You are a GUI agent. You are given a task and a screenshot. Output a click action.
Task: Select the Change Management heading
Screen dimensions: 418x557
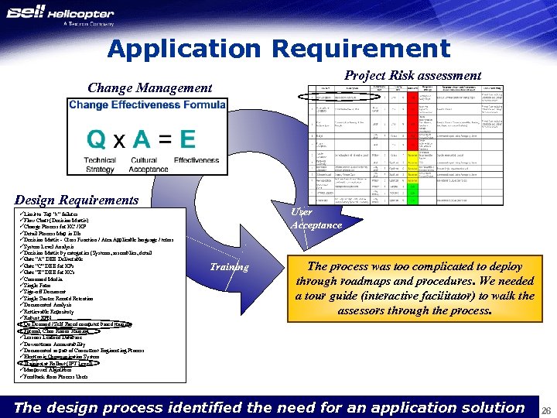point(149,88)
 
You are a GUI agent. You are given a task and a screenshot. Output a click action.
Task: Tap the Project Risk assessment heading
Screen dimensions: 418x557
point(412,75)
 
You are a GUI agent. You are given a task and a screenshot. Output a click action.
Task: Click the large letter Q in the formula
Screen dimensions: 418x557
point(97,139)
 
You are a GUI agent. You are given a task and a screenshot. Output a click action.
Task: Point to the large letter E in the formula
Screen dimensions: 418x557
point(186,139)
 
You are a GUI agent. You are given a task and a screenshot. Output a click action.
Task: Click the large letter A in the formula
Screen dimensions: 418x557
point(142,139)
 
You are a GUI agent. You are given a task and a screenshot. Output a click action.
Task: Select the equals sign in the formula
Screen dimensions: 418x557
point(164,140)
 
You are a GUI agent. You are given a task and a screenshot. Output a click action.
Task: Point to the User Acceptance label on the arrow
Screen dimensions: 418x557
point(316,218)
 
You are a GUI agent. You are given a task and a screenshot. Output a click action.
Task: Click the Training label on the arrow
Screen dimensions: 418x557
point(229,267)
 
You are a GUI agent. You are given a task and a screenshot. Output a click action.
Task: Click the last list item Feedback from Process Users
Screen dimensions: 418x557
point(53,376)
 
